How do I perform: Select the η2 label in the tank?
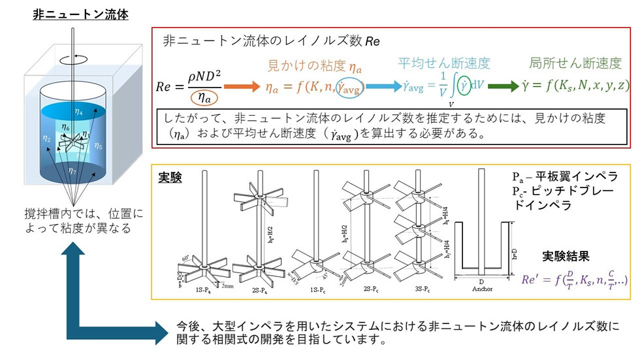[46, 138]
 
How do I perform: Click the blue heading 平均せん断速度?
[444, 63]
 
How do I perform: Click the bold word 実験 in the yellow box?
[170, 178]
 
